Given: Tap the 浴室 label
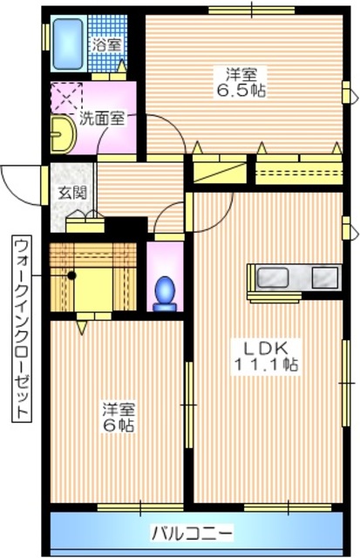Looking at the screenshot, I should point(108,43).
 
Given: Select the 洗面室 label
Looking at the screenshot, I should point(102,118).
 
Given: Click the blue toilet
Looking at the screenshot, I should point(164,290).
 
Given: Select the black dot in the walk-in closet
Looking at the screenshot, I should point(72,275).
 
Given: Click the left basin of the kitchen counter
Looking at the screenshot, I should point(274,278).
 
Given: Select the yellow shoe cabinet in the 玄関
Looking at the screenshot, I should point(85,219).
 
